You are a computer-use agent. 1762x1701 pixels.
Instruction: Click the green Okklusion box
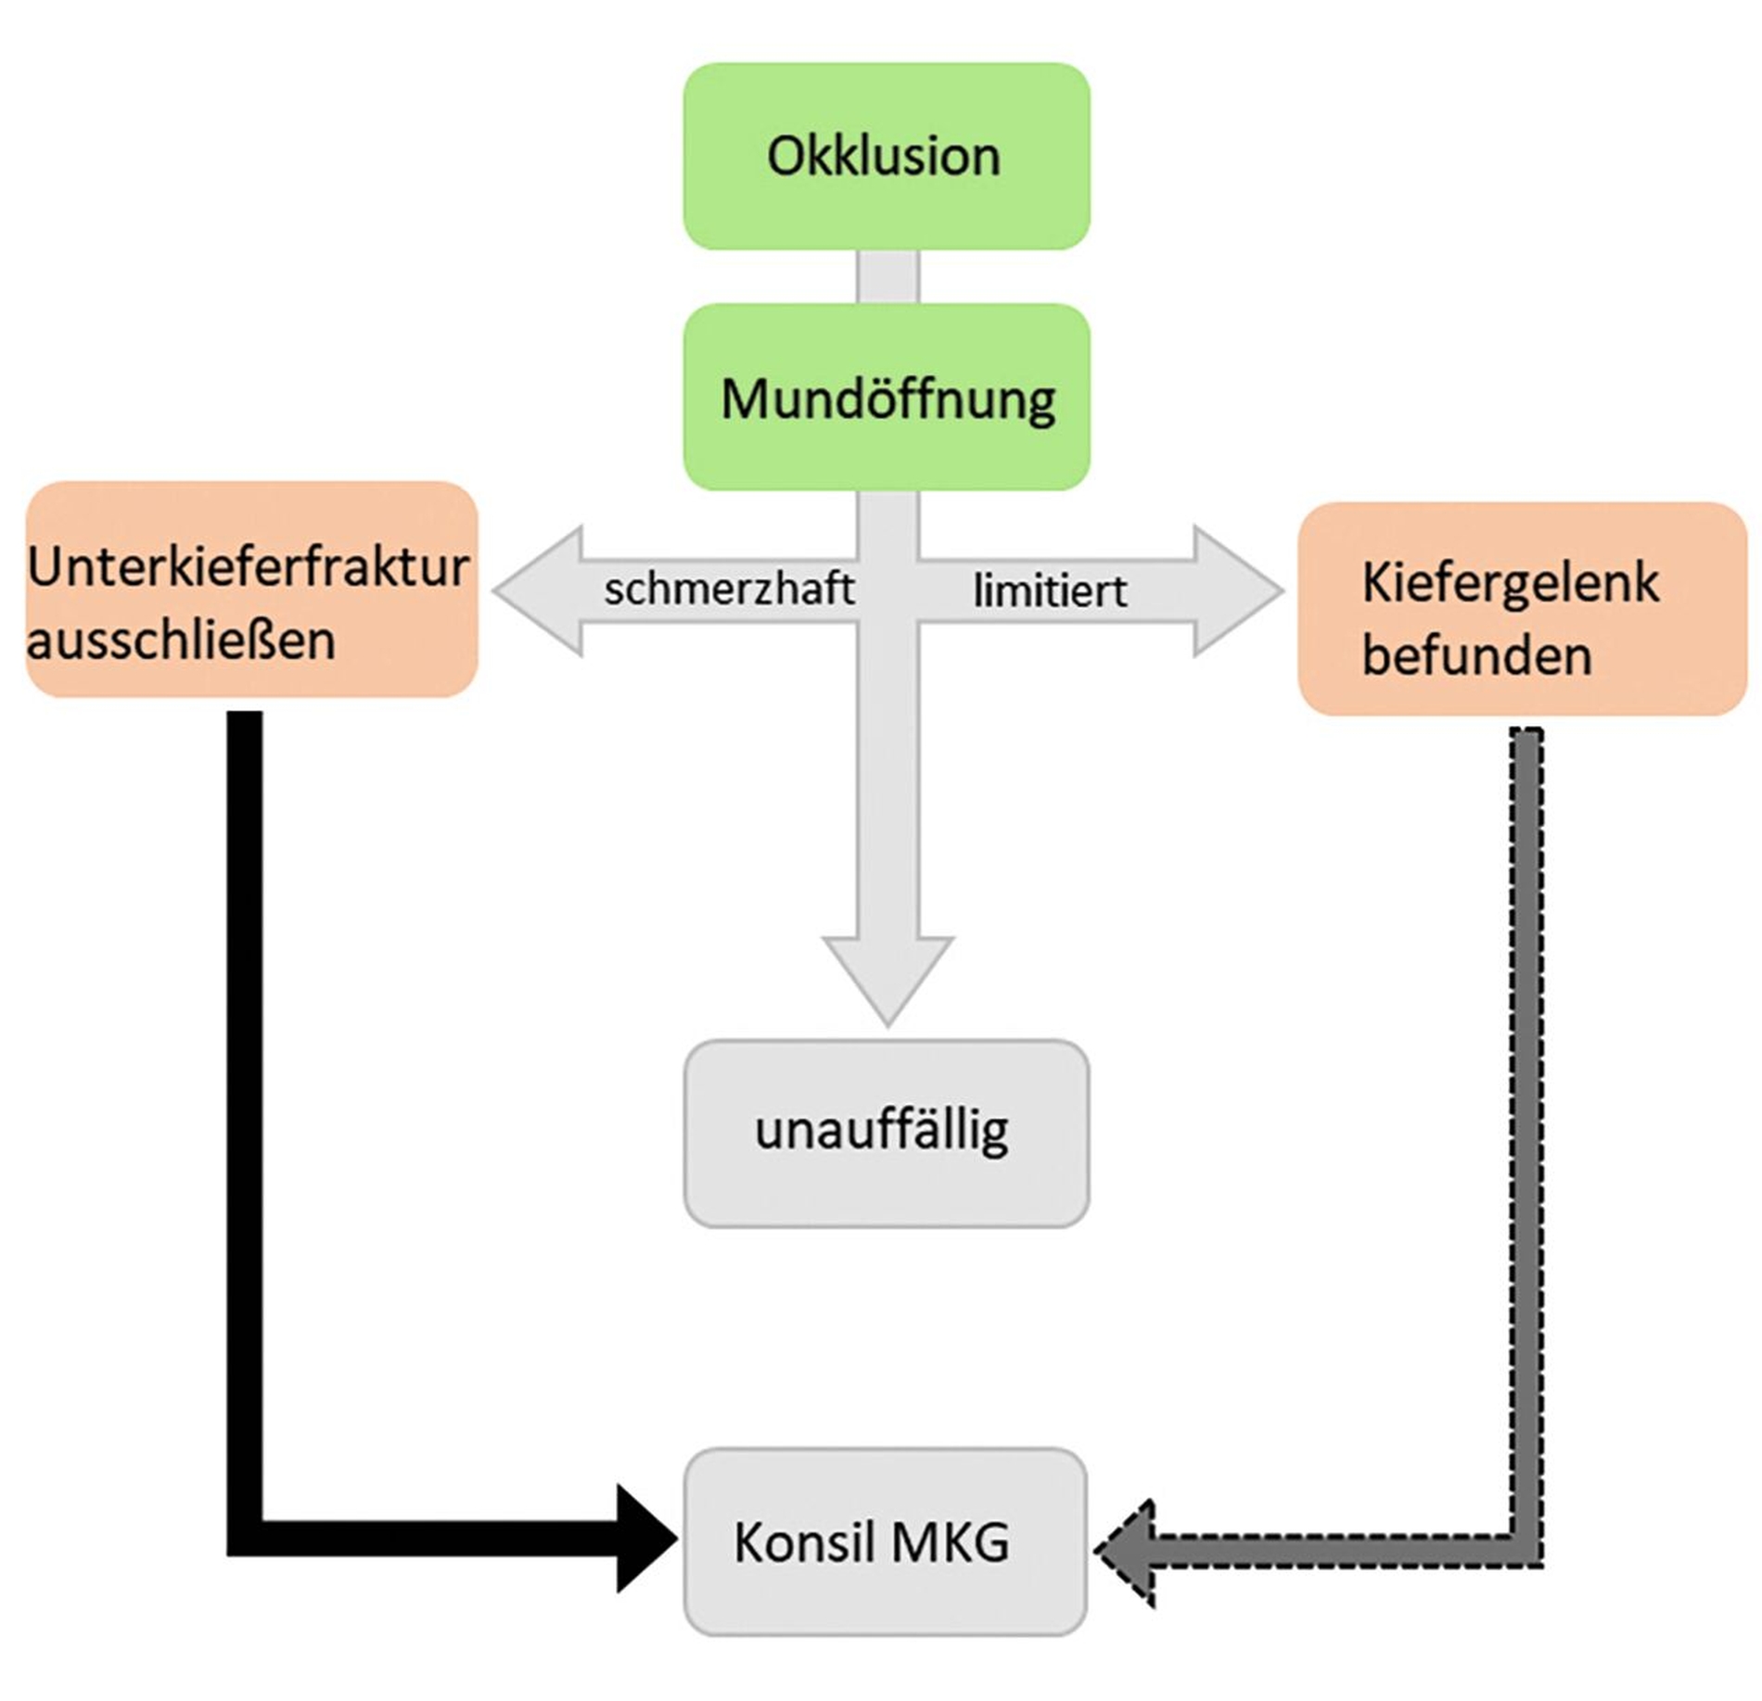pyautogui.click(x=886, y=156)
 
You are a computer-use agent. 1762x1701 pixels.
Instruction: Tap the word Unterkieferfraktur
pyautogui.click(x=249, y=566)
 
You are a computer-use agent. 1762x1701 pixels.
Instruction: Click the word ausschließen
pyautogui.click(x=181, y=641)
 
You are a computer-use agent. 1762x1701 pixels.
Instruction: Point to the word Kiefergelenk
pyautogui.click(x=1510, y=583)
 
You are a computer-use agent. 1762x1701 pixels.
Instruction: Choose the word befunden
pyautogui.click(x=1476, y=656)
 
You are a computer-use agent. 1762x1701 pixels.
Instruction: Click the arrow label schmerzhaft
pyautogui.click(x=729, y=590)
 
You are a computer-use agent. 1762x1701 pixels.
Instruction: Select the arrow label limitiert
pyautogui.click(x=1050, y=591)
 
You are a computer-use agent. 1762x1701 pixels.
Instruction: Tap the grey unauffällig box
pyautogui.click(x=886, y=1133)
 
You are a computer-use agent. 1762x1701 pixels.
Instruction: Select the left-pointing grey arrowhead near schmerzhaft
pyautogui.click(x=538, y=591)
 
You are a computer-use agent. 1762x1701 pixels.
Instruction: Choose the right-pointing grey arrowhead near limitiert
pyautogui.click(x=1238, y=591)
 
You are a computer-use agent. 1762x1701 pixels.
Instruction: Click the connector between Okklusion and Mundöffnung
pyautogui.click(x=887, y=276)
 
